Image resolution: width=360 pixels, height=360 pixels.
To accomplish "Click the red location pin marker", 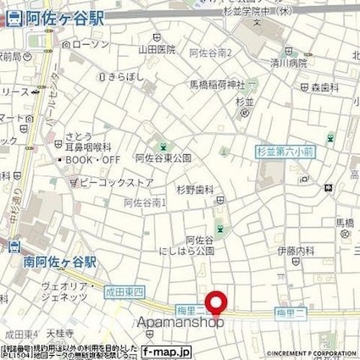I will [x=219, y=304].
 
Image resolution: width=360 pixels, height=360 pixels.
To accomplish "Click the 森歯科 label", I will [x=323, y=87].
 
